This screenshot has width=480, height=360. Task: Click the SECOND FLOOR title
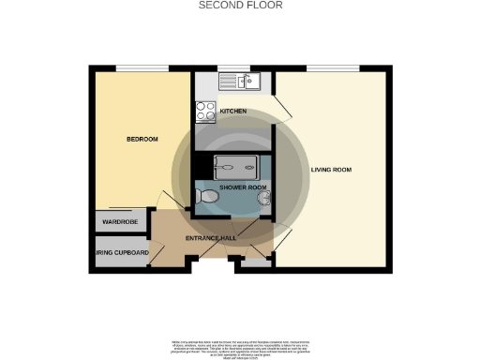pos(240,6)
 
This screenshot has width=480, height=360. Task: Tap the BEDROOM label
pos(142,140)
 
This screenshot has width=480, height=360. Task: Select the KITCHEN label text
pos(233,112)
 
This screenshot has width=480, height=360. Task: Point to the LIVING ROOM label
pos(330,170)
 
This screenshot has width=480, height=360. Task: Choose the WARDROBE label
pos(121,222)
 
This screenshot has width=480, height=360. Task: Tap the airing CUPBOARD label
pos(121,253)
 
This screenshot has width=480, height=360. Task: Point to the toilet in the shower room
pos(207,197)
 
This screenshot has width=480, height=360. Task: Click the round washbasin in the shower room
pos(265,199)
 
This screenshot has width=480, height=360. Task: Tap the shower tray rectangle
pos(237,166)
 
